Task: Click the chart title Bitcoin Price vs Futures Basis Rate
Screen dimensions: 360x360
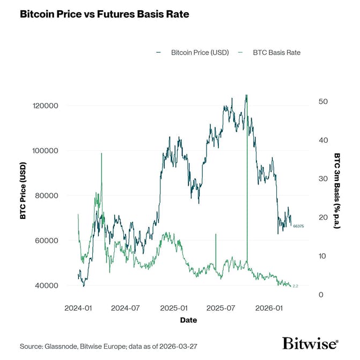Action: coord(104,14)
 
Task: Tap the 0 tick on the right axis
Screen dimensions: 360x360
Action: coord(321,295)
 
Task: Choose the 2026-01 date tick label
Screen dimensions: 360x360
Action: coord(269,308)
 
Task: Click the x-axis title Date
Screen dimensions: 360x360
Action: coord(188,320)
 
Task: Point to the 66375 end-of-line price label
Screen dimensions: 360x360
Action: coord(298,226)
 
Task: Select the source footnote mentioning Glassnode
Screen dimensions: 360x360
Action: coord(109,346)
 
